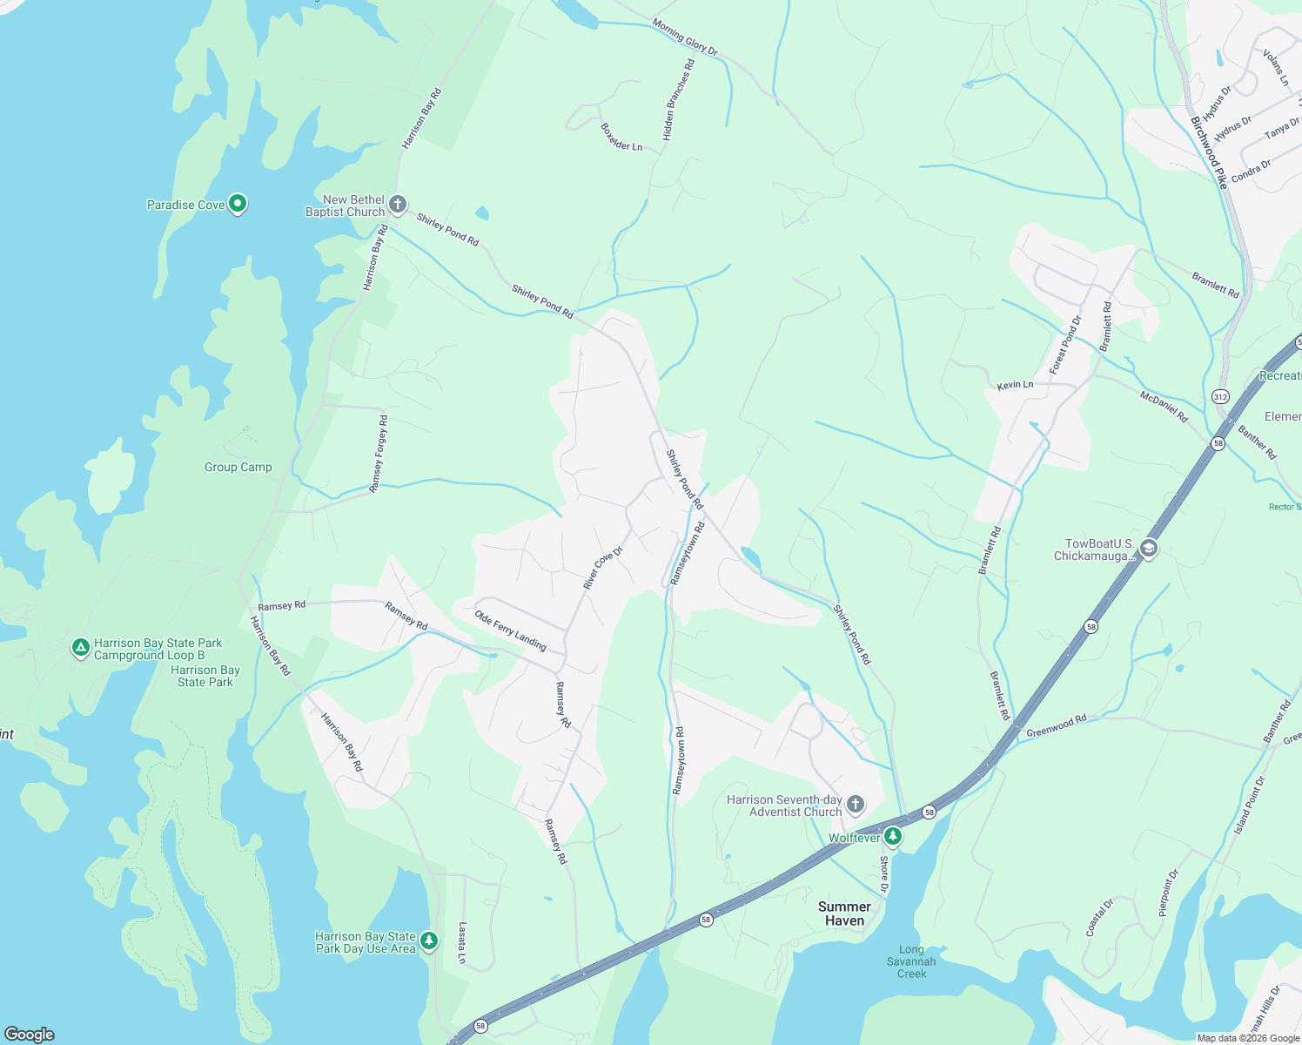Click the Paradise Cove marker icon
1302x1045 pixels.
pos(237,205)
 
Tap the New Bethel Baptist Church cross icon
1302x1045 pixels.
pos(397,205)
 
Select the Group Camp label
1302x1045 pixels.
pos(238,468)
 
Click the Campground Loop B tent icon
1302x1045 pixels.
pos(80,647)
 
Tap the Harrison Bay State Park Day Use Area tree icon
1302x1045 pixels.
pos(428,940)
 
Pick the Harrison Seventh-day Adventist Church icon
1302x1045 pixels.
pos(856,805)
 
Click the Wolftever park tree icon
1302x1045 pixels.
pos(892,837)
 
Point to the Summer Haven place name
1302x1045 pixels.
pos(844,914)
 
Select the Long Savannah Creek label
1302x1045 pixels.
pos(911,961)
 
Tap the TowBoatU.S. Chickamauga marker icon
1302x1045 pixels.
pos(1149,548)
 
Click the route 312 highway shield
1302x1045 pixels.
pos(1220,397)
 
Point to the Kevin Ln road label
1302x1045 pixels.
pos(1015,385)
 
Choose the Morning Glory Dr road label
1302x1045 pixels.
pos(685,37)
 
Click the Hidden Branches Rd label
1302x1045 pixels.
pos(679,100)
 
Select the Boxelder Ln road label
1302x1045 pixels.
pos(621,138)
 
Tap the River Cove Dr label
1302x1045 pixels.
pos(603,569)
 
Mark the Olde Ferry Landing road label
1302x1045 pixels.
pos(510,630)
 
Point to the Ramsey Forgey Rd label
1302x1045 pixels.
pos(379,455)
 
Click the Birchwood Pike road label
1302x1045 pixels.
pos(1209,153)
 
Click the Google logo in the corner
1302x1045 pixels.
pos(30,1034)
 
